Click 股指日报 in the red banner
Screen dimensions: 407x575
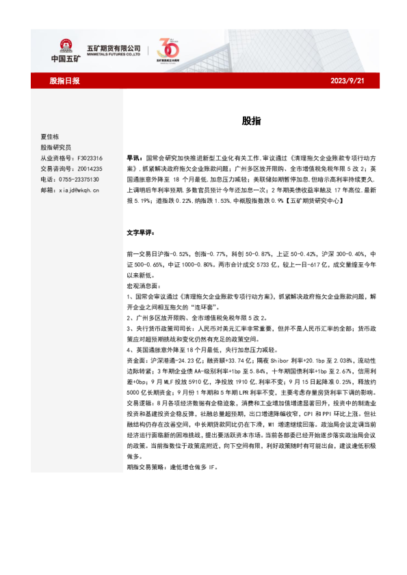(65, 81)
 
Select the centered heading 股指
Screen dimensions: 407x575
(250, 120)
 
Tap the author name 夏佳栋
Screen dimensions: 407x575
(51, 136)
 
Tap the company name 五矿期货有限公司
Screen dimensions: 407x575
(113, 46)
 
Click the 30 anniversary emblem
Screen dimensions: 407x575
(168, 50)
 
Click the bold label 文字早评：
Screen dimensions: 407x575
(141, 232)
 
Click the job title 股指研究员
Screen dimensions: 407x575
(55, 147)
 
